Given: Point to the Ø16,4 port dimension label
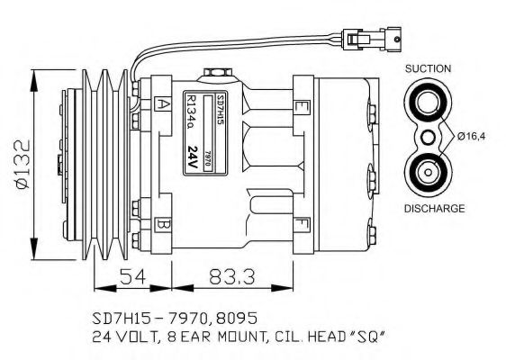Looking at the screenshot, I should coord(472,137).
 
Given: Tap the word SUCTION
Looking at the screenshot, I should coord(429,68).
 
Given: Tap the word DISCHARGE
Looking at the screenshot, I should coord(433,208).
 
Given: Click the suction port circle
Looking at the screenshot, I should coord(426,101).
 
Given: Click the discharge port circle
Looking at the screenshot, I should coord(426,172).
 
